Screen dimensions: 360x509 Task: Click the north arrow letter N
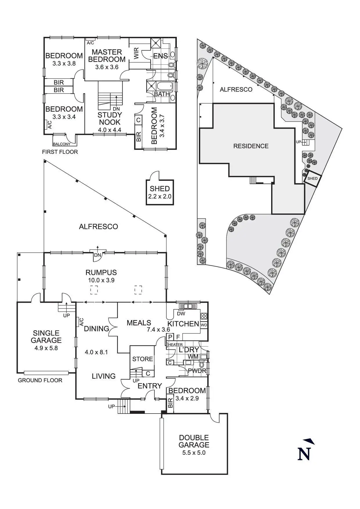pos(304,454)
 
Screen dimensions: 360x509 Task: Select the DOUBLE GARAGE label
pos(194,441)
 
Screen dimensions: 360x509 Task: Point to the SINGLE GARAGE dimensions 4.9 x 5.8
pos(46,348)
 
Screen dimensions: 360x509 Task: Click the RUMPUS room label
pos(101,272)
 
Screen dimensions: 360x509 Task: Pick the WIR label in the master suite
pos(137,53)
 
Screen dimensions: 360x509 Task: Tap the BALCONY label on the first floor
pos(62,144)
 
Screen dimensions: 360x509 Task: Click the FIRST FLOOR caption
pos(60,152)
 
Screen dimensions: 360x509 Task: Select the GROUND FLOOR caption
pos(40,380)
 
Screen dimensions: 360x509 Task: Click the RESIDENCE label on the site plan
pos(251,146)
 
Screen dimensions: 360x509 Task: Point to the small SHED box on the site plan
pos(312,178)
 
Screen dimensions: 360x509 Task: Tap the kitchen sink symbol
pos(188,306)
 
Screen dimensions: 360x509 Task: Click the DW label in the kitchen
pos(181,313)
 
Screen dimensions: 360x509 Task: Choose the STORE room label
pos(143,359)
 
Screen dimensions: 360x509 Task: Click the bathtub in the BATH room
pos(164,86)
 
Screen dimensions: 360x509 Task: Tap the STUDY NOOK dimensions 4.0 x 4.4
pos(109,130)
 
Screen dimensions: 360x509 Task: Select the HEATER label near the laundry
pos(175,345)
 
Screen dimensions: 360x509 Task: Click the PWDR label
pos(197,371)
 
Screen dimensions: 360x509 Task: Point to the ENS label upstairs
pos(161,56)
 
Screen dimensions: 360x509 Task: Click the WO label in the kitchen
pos(204,325)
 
